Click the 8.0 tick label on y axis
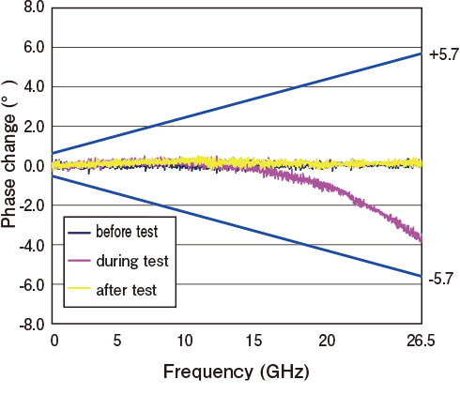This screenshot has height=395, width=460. pyautogui.click(x=33, y=8)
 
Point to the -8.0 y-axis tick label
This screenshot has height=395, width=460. pyautogui.click(x=31, y=325)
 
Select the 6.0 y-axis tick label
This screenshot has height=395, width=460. pyautogui.click(x=33, y=47)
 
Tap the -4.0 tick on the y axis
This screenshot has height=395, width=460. pyautogui.click(x=31, y=246)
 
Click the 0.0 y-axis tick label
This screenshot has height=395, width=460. pyautogui.click(x=33, y=166)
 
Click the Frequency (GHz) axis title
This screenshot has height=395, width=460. pyautogui.click(x=236, y=371)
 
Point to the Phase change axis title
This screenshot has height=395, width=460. pyautogui.click(x=10, y=165)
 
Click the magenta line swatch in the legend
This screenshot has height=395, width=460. pyautogui.click(x=82, y=261)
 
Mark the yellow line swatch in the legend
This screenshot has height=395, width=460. pyautogui.click(x=82, y=290)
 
